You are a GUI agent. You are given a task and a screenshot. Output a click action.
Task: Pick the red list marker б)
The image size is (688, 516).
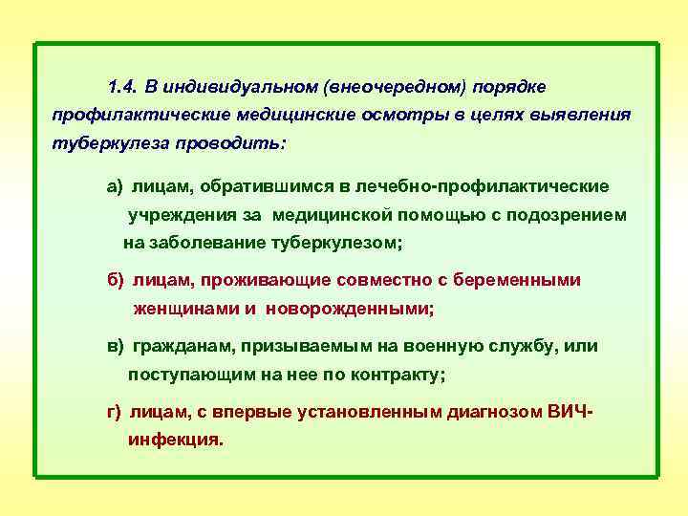[116, 281]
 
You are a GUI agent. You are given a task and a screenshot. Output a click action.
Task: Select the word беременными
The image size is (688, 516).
[525, 281]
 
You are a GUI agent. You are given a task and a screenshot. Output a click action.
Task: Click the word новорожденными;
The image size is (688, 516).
[350, 310]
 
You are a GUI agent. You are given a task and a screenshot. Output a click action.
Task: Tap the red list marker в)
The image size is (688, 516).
[116, 346]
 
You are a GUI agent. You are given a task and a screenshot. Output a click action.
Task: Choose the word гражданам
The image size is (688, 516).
[181, 346]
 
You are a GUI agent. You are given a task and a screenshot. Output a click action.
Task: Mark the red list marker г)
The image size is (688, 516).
[114, 412]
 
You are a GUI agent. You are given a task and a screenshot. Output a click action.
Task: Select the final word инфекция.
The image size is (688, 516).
[175, 441]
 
